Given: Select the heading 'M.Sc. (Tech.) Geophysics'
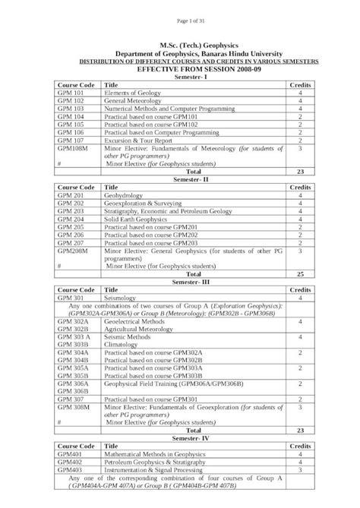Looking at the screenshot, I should (x=179, y=47).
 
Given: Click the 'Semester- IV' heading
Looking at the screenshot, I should (x=179, y=438).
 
